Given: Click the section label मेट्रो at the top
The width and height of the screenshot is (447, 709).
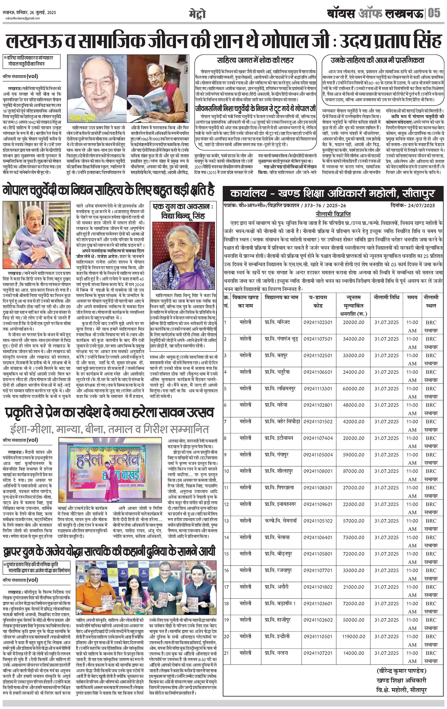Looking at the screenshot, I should (197, 14).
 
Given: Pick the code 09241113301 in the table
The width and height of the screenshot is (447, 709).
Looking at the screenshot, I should (318, 389).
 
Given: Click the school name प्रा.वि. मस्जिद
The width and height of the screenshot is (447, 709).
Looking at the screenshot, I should (277, 322).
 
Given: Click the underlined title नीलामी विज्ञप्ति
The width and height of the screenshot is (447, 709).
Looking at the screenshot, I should (333, 214).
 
